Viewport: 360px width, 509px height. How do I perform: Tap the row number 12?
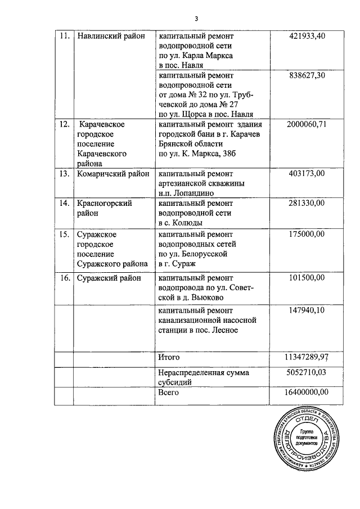coord(65,124)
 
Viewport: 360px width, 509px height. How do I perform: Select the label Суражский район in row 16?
coord(109,278)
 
